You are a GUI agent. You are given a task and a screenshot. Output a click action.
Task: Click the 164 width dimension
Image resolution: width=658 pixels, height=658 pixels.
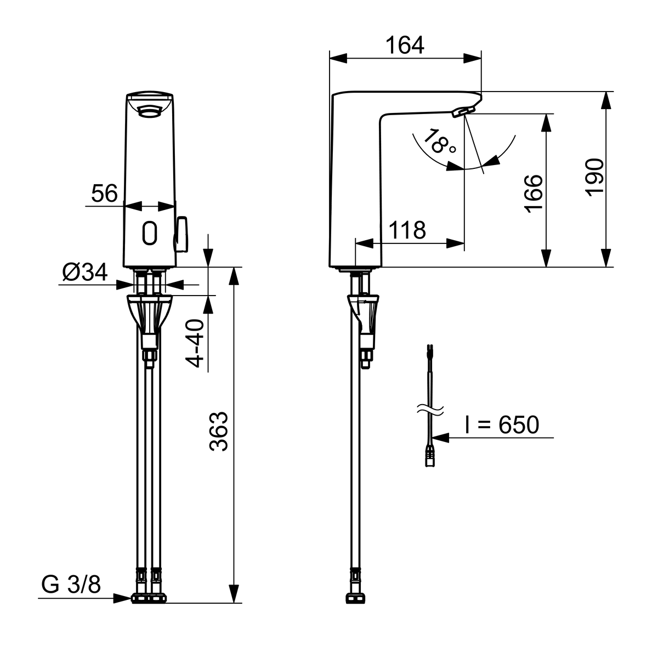(405, 46)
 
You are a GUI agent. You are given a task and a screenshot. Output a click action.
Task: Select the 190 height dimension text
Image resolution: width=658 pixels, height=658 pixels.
(594, 178)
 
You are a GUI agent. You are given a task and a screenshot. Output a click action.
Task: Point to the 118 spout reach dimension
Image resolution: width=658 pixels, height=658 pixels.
(407, 230)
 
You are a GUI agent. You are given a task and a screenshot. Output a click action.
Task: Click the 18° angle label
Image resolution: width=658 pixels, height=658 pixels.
(439, 143)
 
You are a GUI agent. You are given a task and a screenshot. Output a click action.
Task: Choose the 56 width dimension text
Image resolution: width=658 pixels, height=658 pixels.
(104, 193)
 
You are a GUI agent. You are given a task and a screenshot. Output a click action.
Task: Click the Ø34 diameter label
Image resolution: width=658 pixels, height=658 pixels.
(85, 272)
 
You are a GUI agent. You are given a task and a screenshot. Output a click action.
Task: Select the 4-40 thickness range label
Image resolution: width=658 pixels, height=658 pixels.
(194, 343)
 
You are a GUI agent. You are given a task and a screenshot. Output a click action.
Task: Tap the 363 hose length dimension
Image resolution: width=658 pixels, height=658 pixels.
(219, 432)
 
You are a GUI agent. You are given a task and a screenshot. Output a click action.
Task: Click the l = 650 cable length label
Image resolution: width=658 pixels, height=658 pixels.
(502, 425)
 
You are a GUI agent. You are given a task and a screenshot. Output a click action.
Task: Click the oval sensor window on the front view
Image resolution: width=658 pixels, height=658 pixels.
(150, 233)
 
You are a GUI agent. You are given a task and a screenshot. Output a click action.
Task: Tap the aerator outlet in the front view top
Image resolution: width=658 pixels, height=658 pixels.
(149, 111)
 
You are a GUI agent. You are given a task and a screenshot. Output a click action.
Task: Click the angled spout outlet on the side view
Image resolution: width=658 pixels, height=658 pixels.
(463, 111)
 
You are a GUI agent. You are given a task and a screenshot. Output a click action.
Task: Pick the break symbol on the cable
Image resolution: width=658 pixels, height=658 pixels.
(430, 409)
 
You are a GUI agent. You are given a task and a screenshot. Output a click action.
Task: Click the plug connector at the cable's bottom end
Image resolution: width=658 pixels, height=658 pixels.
(430, 457)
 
